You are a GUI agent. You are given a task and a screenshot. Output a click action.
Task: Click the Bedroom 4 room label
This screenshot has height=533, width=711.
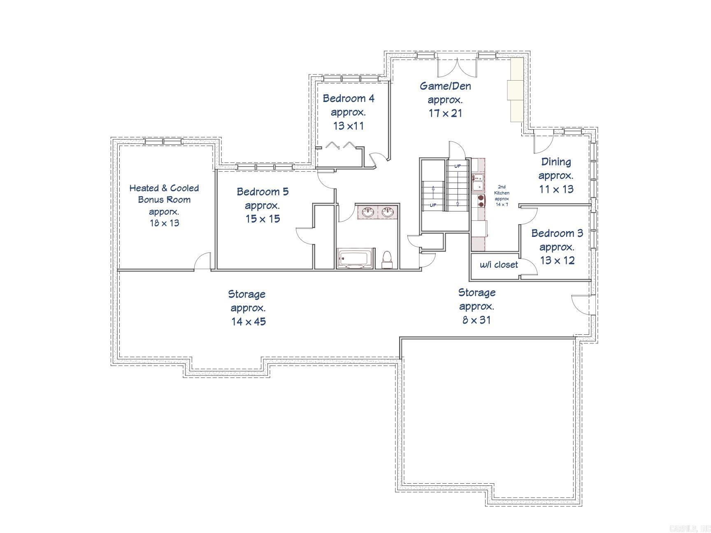pos(349,99)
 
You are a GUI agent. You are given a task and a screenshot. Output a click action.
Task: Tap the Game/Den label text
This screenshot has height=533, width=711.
pos(445,86)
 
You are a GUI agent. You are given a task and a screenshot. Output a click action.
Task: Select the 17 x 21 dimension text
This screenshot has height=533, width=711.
pos(445,113)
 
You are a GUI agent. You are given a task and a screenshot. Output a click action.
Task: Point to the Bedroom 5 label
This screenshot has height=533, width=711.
pos(263,192)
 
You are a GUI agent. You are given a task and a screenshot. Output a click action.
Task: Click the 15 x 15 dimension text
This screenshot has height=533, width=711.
pos(263,219)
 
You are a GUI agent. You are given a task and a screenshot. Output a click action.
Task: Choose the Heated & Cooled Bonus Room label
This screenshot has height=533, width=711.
pos(164,194)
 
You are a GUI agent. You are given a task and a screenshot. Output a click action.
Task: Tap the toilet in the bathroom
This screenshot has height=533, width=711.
pos(387,259)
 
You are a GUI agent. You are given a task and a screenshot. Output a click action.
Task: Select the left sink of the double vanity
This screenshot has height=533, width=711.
pos(368,213)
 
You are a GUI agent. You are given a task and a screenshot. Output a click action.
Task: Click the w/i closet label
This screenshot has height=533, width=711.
pos(499,265)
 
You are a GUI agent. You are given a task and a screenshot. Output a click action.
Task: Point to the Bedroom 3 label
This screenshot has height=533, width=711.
pos(557,233)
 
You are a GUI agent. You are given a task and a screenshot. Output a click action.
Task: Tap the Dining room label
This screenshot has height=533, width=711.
pos(556,162)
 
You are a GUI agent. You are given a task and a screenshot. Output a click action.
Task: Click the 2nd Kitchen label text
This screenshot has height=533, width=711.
pos(502,190)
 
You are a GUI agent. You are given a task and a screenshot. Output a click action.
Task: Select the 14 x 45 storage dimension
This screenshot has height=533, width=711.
pos(249,322)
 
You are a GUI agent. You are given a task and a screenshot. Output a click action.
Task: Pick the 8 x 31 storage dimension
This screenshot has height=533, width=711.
pos(476,320)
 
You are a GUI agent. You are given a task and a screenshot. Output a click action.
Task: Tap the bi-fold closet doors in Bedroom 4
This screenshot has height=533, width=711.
pos(340,145)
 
